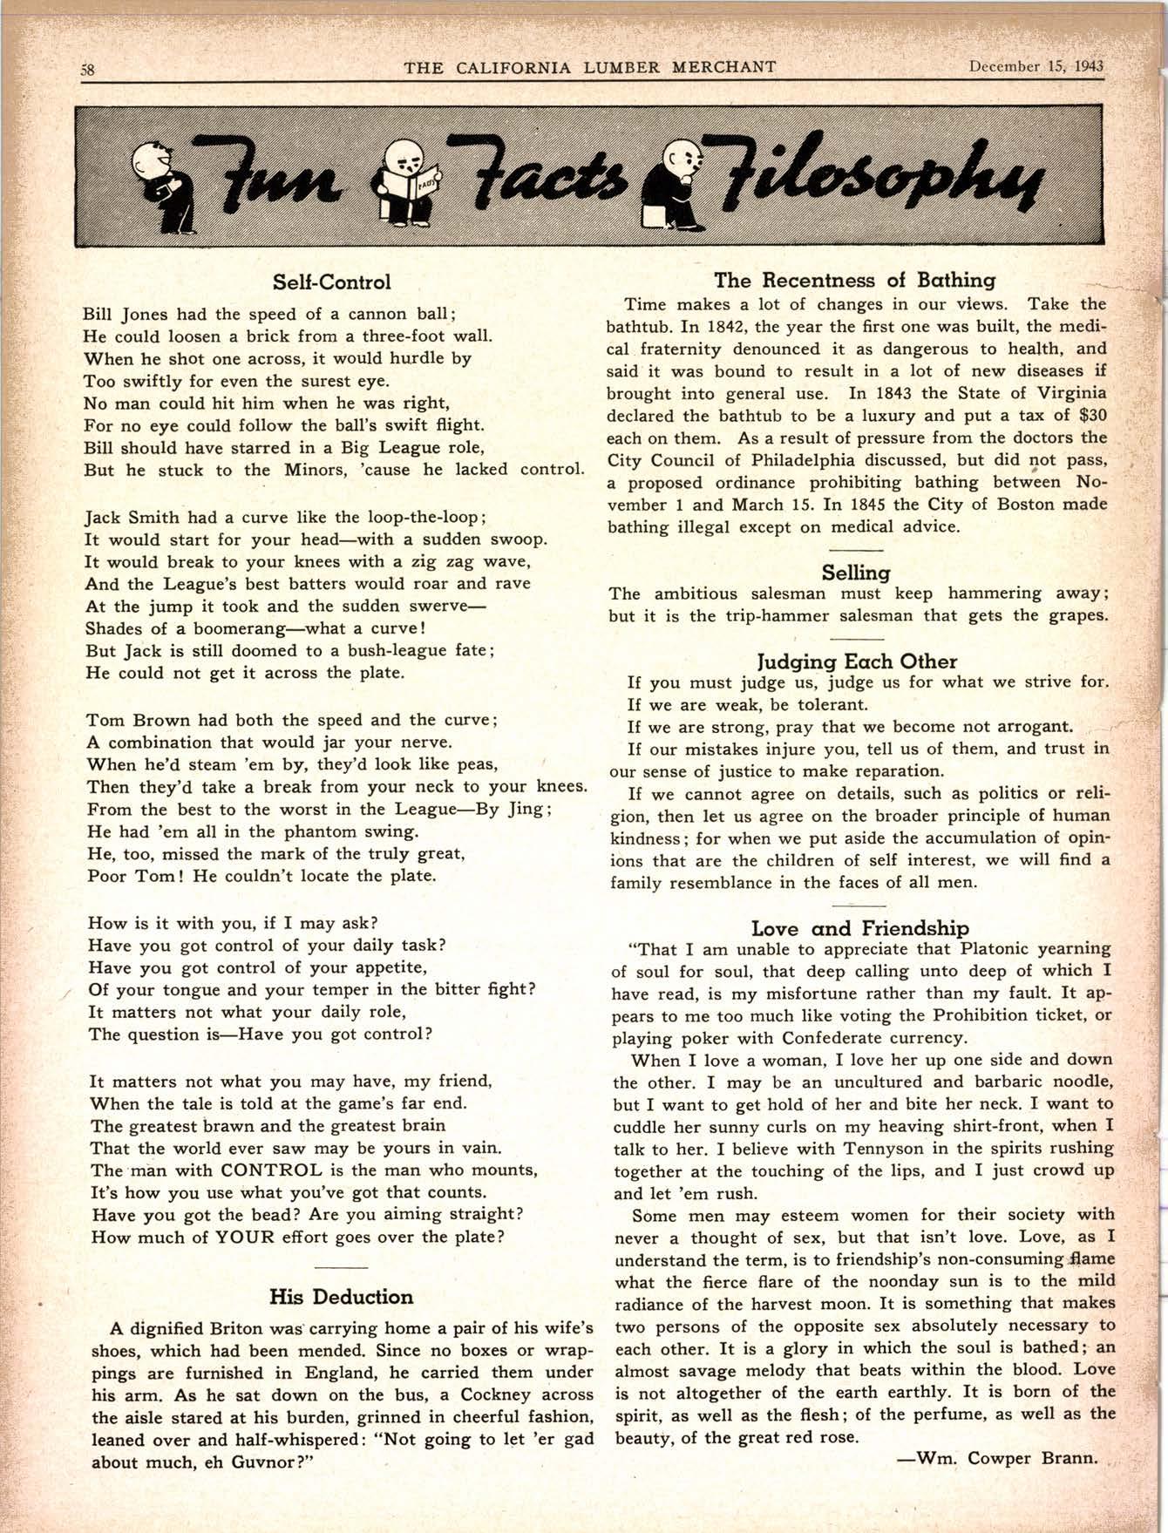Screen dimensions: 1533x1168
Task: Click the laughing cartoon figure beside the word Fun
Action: pos(162,185)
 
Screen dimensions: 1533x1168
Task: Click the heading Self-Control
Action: pos(332,282)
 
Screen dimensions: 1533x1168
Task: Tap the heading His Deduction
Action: pos(341,1297)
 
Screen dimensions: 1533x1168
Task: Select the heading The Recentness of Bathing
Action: pos(854,280)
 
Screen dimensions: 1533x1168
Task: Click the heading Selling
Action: pos(855,573)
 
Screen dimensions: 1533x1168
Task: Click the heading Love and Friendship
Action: pos(859,928)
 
